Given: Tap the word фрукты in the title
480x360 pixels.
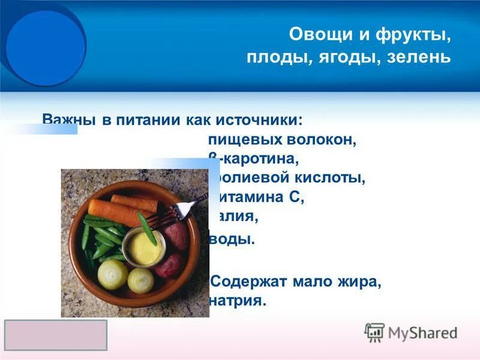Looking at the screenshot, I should [x=413, y=34].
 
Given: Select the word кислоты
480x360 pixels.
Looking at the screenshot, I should [x=330, y=178].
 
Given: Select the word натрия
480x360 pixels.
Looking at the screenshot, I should [x=237, y=301].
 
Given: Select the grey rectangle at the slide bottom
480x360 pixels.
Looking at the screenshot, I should [x=56, y=335].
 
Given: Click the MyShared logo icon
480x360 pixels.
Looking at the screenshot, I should [x=374, y=332].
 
